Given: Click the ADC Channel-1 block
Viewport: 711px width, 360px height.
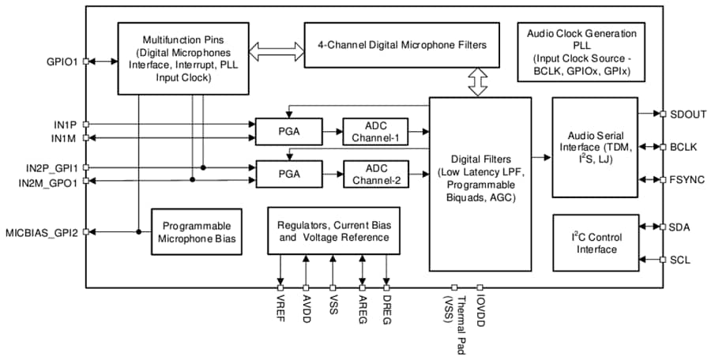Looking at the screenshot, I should [375, 130].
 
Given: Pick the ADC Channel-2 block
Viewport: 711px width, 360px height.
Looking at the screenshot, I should [375, 173].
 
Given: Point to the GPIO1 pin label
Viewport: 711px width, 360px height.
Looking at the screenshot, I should [62, 61].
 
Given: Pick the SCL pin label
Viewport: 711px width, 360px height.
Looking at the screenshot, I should [680, 259].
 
